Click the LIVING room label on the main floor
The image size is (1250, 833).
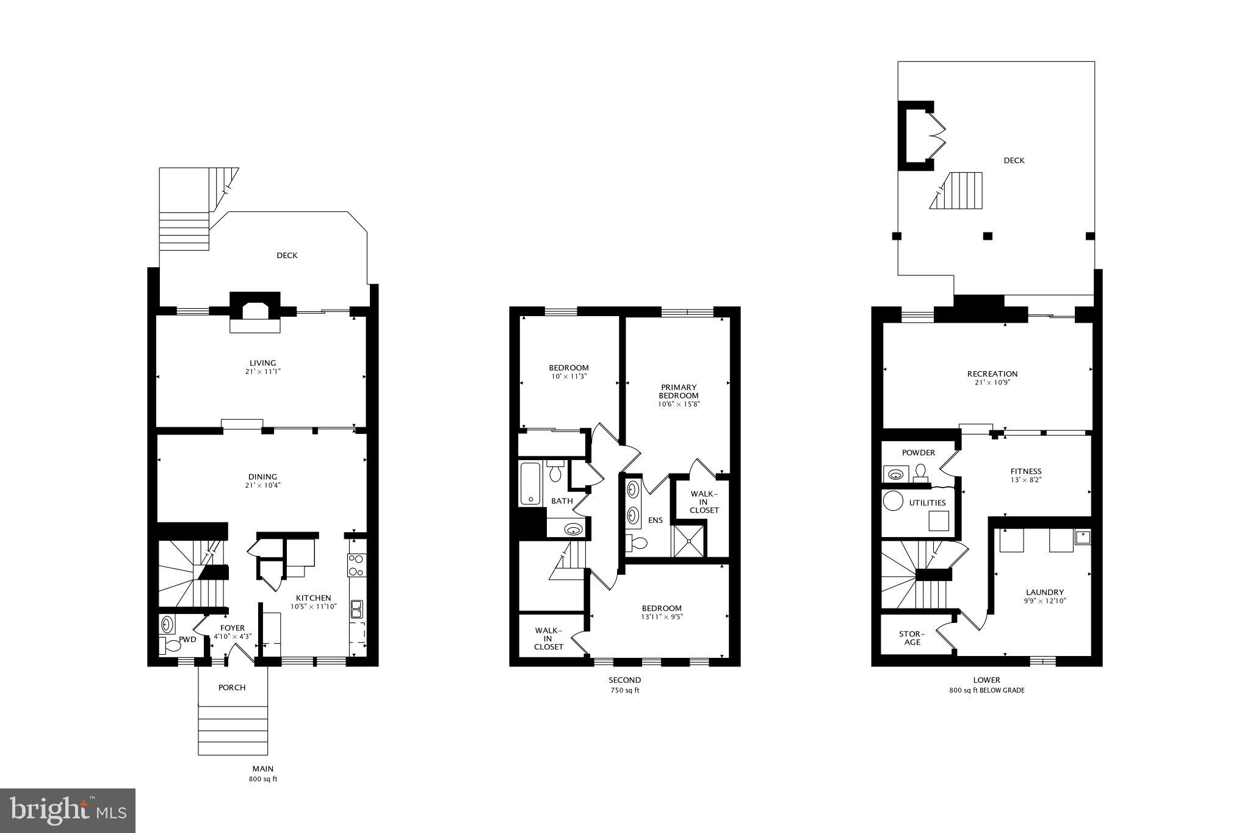[262, 363]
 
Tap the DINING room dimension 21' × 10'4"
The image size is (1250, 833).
[262, 486]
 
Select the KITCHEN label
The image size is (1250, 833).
[313, 598]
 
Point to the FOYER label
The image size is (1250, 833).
[233, 628]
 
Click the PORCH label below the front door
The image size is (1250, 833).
[232, 688]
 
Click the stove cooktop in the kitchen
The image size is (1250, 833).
[356, 565]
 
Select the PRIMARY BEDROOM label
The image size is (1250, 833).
[678, 391]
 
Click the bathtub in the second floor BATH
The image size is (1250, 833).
[530, 483]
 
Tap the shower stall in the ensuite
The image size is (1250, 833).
[688, 541]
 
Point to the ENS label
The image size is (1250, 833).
[655, 521]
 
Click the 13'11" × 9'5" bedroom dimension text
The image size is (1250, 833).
[662, 617]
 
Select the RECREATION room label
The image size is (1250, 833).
[992, 374]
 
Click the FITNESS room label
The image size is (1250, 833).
[1025, 471]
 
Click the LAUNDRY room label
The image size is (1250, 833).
[1044, 592]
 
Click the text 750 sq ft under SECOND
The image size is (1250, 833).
[624, 691]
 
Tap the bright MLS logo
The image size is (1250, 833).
[68, 810]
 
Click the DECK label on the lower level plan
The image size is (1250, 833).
[1014, 160]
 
